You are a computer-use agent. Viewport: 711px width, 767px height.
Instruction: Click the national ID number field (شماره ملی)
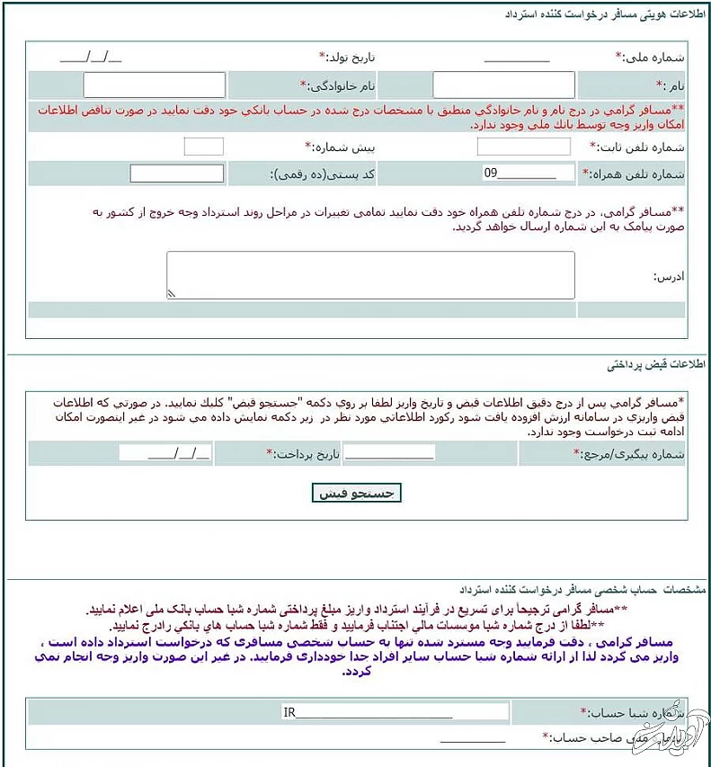(516, 57)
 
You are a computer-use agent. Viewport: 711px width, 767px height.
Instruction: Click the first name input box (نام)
(503, 85)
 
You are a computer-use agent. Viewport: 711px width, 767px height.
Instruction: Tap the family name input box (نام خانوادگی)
(154, 85)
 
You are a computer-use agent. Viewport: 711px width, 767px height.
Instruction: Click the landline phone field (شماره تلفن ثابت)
(523, 147)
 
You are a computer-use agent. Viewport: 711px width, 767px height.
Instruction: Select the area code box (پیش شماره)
(203, 147)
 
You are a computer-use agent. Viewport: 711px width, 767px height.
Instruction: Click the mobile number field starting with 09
(526, 174)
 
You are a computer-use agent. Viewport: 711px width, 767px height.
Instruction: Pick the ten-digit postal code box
(176, 174)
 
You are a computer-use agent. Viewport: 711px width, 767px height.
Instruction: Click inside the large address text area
(370, 275)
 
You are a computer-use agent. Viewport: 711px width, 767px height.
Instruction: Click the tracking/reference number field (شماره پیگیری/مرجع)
(388, 453)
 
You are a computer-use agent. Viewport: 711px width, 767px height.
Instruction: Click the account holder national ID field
(473, 738)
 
